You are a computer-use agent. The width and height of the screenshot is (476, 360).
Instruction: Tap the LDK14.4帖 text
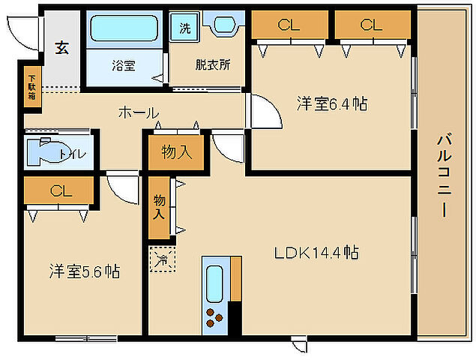pyautogui.click(x=315, y=252)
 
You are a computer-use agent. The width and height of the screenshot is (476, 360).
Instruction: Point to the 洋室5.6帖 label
pyautogui.click(x=84, y=271)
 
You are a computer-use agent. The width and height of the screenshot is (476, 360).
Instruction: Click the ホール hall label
pyautogui.click(x=138, y=112)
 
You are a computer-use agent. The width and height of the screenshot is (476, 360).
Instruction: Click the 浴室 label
pyautogui.click(x=124, y=65)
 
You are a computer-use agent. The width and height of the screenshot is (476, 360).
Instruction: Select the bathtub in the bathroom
pyautogui.click(x=123, y=29)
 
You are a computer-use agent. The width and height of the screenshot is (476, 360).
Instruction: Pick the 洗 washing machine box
pyautogui.click(x=184, y=28)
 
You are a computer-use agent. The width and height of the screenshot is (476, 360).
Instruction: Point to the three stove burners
pyautogui.click(x=214, y=317)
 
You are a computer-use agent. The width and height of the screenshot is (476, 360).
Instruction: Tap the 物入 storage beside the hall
pyautogui.click(x=177, y=152)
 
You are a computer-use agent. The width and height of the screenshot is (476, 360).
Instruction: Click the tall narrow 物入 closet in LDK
pyautogui.click(x=159, y=206)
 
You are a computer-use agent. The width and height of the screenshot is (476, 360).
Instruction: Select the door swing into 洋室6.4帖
pyautogui.click(x=262, y=112)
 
